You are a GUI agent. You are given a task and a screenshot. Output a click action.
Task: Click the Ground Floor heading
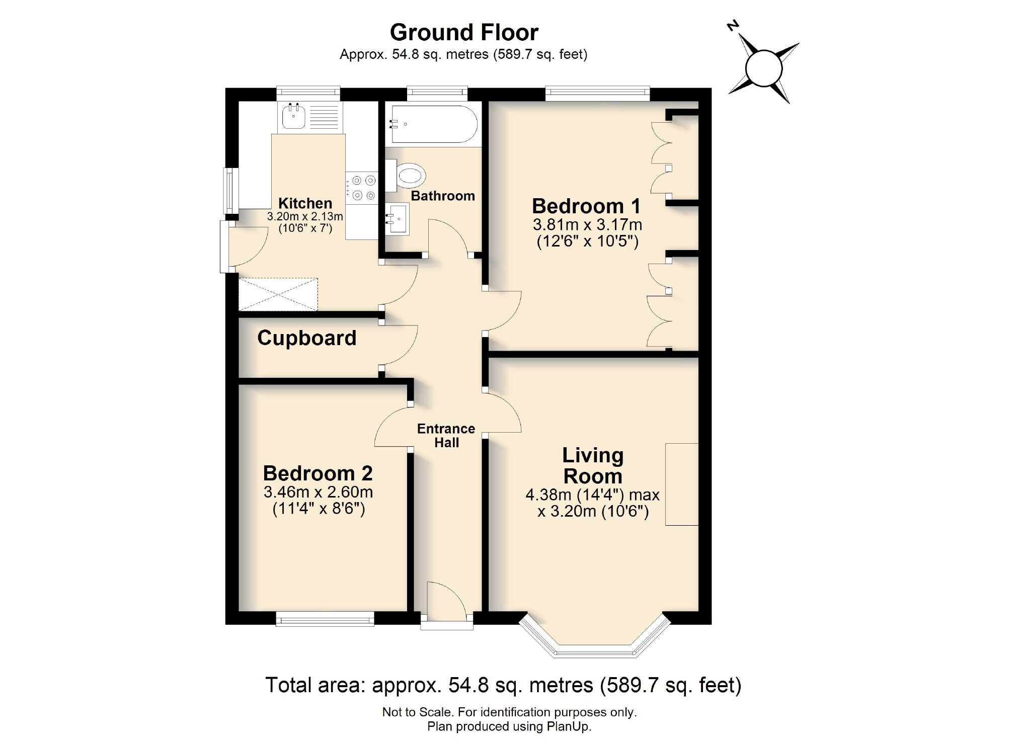[x=463, y=33]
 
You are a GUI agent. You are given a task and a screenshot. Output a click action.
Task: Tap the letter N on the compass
[x=733, y=26]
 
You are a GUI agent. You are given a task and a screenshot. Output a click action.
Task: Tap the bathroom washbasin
[x=398, y=218]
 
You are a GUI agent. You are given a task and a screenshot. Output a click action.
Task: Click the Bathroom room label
[x=442, y=196]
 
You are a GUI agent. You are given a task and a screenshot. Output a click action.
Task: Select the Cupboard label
[x=306, y=338]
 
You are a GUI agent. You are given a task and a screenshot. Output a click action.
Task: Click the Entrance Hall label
[x=446, y=435]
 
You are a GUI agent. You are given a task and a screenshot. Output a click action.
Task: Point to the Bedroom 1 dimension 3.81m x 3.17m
[x=587, y=224]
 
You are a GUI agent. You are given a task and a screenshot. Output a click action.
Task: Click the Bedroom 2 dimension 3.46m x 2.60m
[x=318, y=491]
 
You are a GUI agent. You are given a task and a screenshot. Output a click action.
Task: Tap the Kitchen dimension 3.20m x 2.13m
[x=305, y=216]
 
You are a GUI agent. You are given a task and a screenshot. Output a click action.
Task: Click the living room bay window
[x=594, y=649]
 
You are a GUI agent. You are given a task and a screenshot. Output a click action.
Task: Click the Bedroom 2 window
[x=325, y=619]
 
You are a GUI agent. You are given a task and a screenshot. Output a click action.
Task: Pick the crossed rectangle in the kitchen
[x=278, y=294]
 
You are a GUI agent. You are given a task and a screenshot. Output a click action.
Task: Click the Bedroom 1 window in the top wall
[x=597, y=92]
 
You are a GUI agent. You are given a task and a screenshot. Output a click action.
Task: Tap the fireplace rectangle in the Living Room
[x=681, y=484]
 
